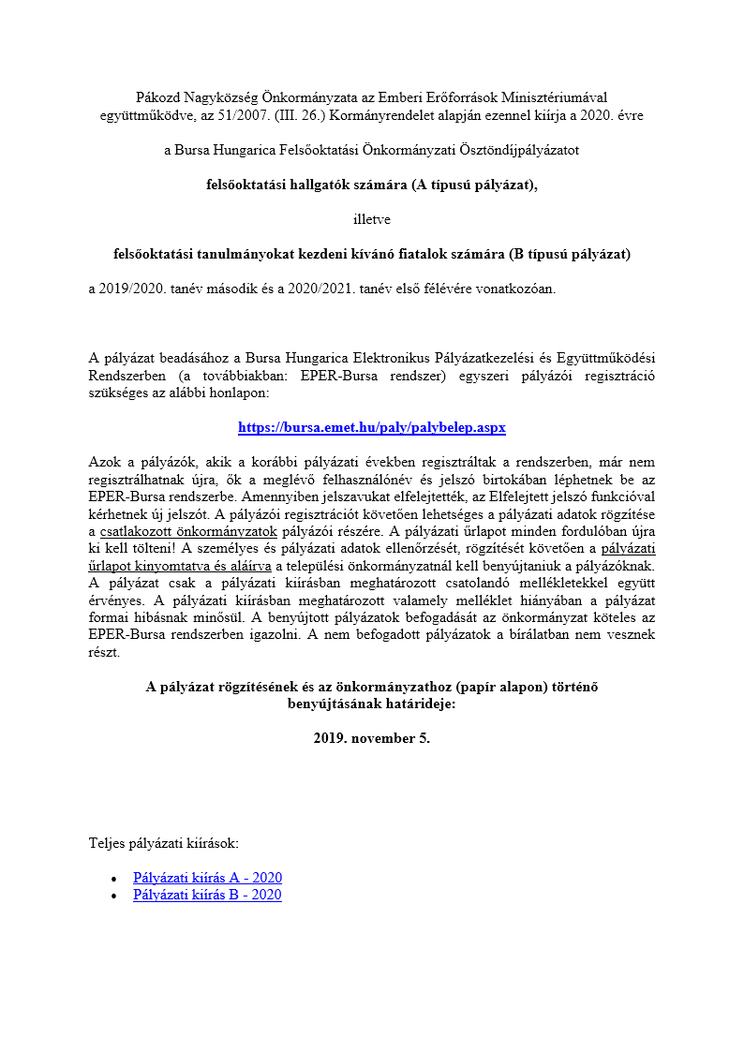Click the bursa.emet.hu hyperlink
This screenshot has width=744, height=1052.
tap(372, 427)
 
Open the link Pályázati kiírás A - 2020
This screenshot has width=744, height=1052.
tap(207, 878)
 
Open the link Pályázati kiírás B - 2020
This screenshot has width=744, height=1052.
tap(207, 895)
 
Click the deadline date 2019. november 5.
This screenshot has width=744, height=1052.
tap(372, 738)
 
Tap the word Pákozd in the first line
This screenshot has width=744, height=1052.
tap(156, 96)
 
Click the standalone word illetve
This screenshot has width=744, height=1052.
tap(372, 219)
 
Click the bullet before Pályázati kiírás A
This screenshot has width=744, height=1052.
tap(113, 879)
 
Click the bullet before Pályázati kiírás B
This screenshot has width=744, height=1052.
tap(113, 896)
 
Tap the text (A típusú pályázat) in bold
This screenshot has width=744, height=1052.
tap(474, 185)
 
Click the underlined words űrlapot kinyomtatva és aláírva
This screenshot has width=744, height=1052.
tap(180, 566)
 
